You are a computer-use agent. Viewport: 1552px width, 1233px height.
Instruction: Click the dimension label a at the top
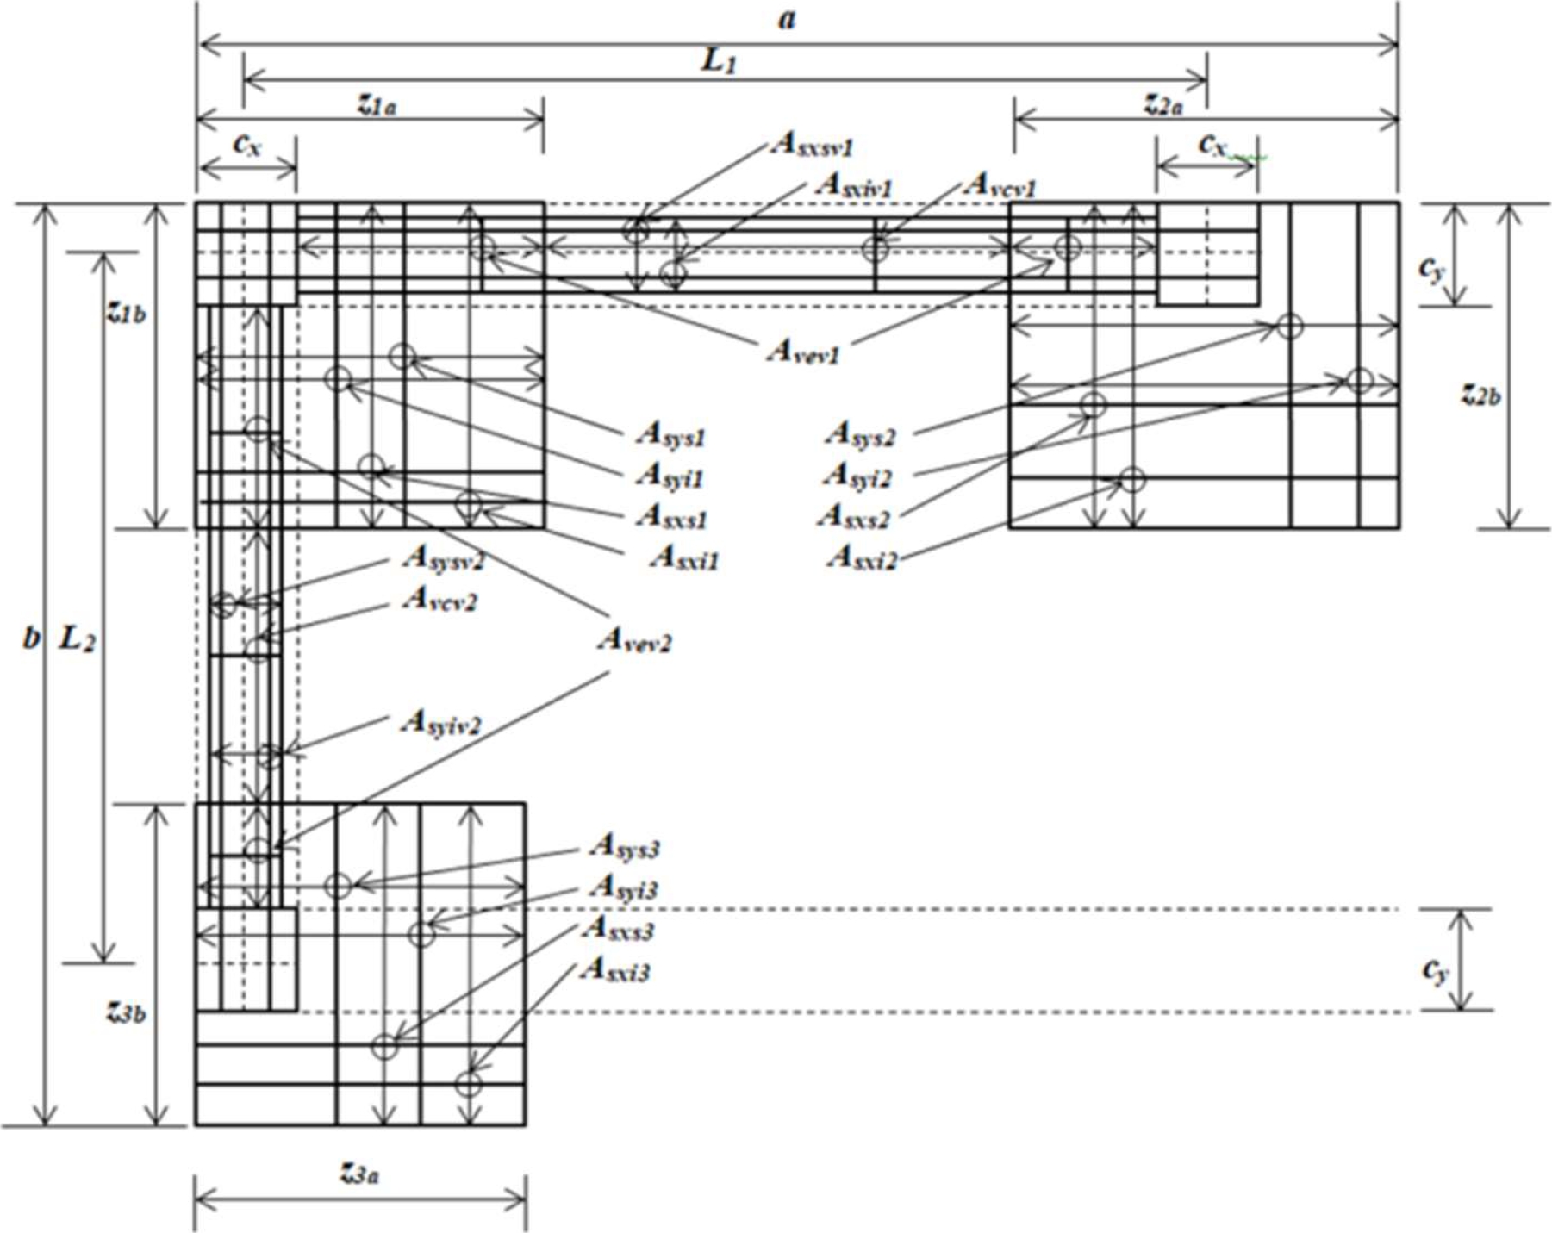coord(787,19)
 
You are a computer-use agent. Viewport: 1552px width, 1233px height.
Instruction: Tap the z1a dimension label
coord(377,105)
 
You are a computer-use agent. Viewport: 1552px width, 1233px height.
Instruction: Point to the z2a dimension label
coord(1163,105)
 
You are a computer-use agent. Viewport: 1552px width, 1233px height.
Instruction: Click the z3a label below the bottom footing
coord(359,1174)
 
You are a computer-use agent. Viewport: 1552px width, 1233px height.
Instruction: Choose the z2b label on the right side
coord(1480,394)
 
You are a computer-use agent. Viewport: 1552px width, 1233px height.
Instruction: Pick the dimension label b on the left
coord(31,638)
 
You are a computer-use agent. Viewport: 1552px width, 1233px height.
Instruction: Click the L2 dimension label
coord(77,640)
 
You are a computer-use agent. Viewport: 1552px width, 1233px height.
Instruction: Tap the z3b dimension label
coord(126,1012)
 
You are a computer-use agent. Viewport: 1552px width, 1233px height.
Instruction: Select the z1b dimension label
coord(126,313)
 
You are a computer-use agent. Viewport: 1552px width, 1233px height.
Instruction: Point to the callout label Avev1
coord(802,352)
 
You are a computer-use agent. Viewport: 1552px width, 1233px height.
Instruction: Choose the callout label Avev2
coord(635,640)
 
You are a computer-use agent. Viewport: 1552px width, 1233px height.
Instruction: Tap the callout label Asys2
coord(860,435)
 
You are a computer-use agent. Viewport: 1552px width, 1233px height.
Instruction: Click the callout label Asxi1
coord(684,558)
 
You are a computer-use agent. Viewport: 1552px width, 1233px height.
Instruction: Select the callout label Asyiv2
coord(440,724)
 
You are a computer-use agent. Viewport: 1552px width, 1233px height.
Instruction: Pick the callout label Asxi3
coord(615,970)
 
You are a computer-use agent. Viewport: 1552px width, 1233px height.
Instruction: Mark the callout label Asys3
coord(625,847)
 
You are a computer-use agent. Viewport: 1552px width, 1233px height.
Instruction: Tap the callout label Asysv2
coord(443,560)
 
